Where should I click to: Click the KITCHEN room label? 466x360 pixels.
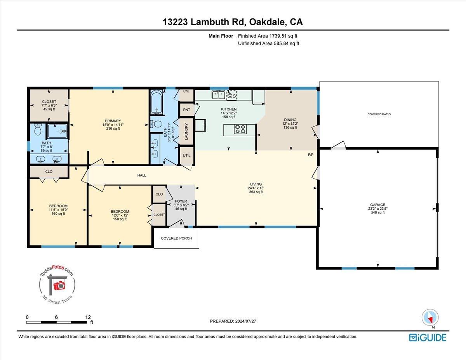pos(229,109)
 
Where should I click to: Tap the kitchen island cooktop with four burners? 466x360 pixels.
pos(240,129)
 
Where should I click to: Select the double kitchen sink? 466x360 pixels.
pos(218,94)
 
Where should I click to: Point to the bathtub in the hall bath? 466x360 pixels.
pos(157,102)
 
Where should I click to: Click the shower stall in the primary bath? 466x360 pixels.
pos(57,131)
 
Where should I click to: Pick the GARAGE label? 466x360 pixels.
pos(377,205)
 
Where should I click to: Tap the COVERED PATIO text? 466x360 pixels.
pos(379,114)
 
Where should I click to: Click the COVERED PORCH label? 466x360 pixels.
pos(176,238)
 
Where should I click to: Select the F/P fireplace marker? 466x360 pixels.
pos(311,155)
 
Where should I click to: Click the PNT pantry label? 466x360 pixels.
pos(186,110)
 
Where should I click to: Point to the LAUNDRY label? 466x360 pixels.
pos(186,131)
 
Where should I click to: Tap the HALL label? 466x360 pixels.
pos(141,175)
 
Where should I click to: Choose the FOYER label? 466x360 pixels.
pos(181,201)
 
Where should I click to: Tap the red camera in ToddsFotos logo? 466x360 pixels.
pos(59,285)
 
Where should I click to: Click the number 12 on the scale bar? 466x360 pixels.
pos(88,317)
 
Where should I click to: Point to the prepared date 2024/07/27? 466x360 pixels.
pos(245,321)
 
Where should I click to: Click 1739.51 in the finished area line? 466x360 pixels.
pos(278,36)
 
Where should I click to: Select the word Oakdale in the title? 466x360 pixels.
pos(267,22)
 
